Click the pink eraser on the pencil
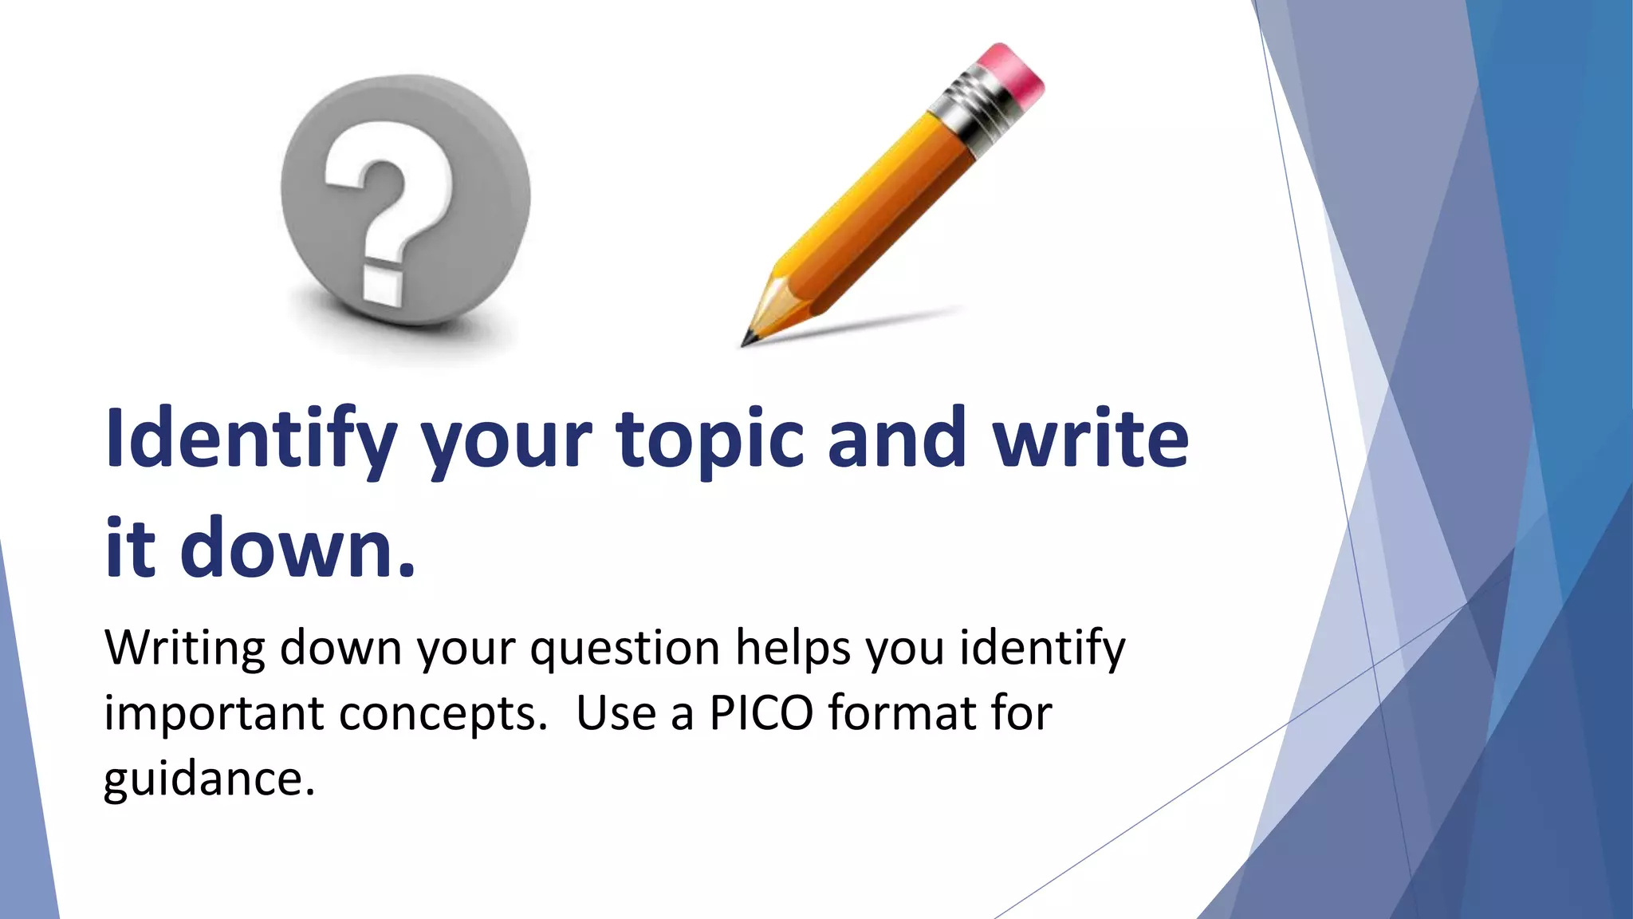pyautogui.click(x=1011, y=76)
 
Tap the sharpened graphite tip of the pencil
pyautogui.click(x=748, y=340)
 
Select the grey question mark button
pyautogui.click(x=405, y=199)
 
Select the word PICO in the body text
pyautogui.click(x=761, y=712)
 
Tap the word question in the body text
pyautogui.click(x=625, y=648)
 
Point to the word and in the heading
pyautogui.click(x=896, y=438)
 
